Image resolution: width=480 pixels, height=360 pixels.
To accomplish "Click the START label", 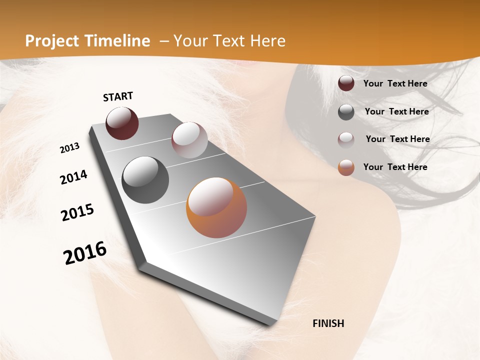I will pyautogui.click(x=118, y=96).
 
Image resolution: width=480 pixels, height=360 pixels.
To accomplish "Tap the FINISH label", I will pyautogui.click(x=328, y=323).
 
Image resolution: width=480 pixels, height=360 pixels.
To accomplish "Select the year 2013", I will pyautogui.click(x=69, y=148).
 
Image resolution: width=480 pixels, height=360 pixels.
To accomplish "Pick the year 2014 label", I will pyautogui.click(x=73, y=177).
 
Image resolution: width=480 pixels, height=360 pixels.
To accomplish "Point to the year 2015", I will pyautogui.click(x=77, y=212).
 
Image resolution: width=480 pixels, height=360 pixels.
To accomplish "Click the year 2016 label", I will pyautogui.click(x=85, y=253).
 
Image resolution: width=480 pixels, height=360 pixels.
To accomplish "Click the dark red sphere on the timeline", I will pyautogui.click(x=122, y=123).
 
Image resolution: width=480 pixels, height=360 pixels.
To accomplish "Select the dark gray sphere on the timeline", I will pyautogui.click(x=145, y=180).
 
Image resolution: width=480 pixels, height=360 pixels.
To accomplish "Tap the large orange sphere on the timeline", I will pyautogui.click(x=216, y=208).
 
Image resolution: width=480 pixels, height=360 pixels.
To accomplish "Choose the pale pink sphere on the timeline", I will pyautogui.click(x=189, y=140).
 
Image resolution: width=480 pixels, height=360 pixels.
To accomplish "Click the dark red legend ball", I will pyautogui.click(x=346, y=83).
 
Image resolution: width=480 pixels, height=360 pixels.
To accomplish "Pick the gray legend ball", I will pyautogui.click(x=346, y=112).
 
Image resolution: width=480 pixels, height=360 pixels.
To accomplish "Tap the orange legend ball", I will pyautogui.click(x=346, y=167).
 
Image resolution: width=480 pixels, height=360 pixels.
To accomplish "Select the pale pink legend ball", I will pyautogui.click(x=346, y=139).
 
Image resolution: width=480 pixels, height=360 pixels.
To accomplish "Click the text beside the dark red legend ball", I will pyautogui.click(x=395, y=83).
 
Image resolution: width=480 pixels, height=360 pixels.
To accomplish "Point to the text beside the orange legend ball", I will pyautogui.click(x=395, y=167).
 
